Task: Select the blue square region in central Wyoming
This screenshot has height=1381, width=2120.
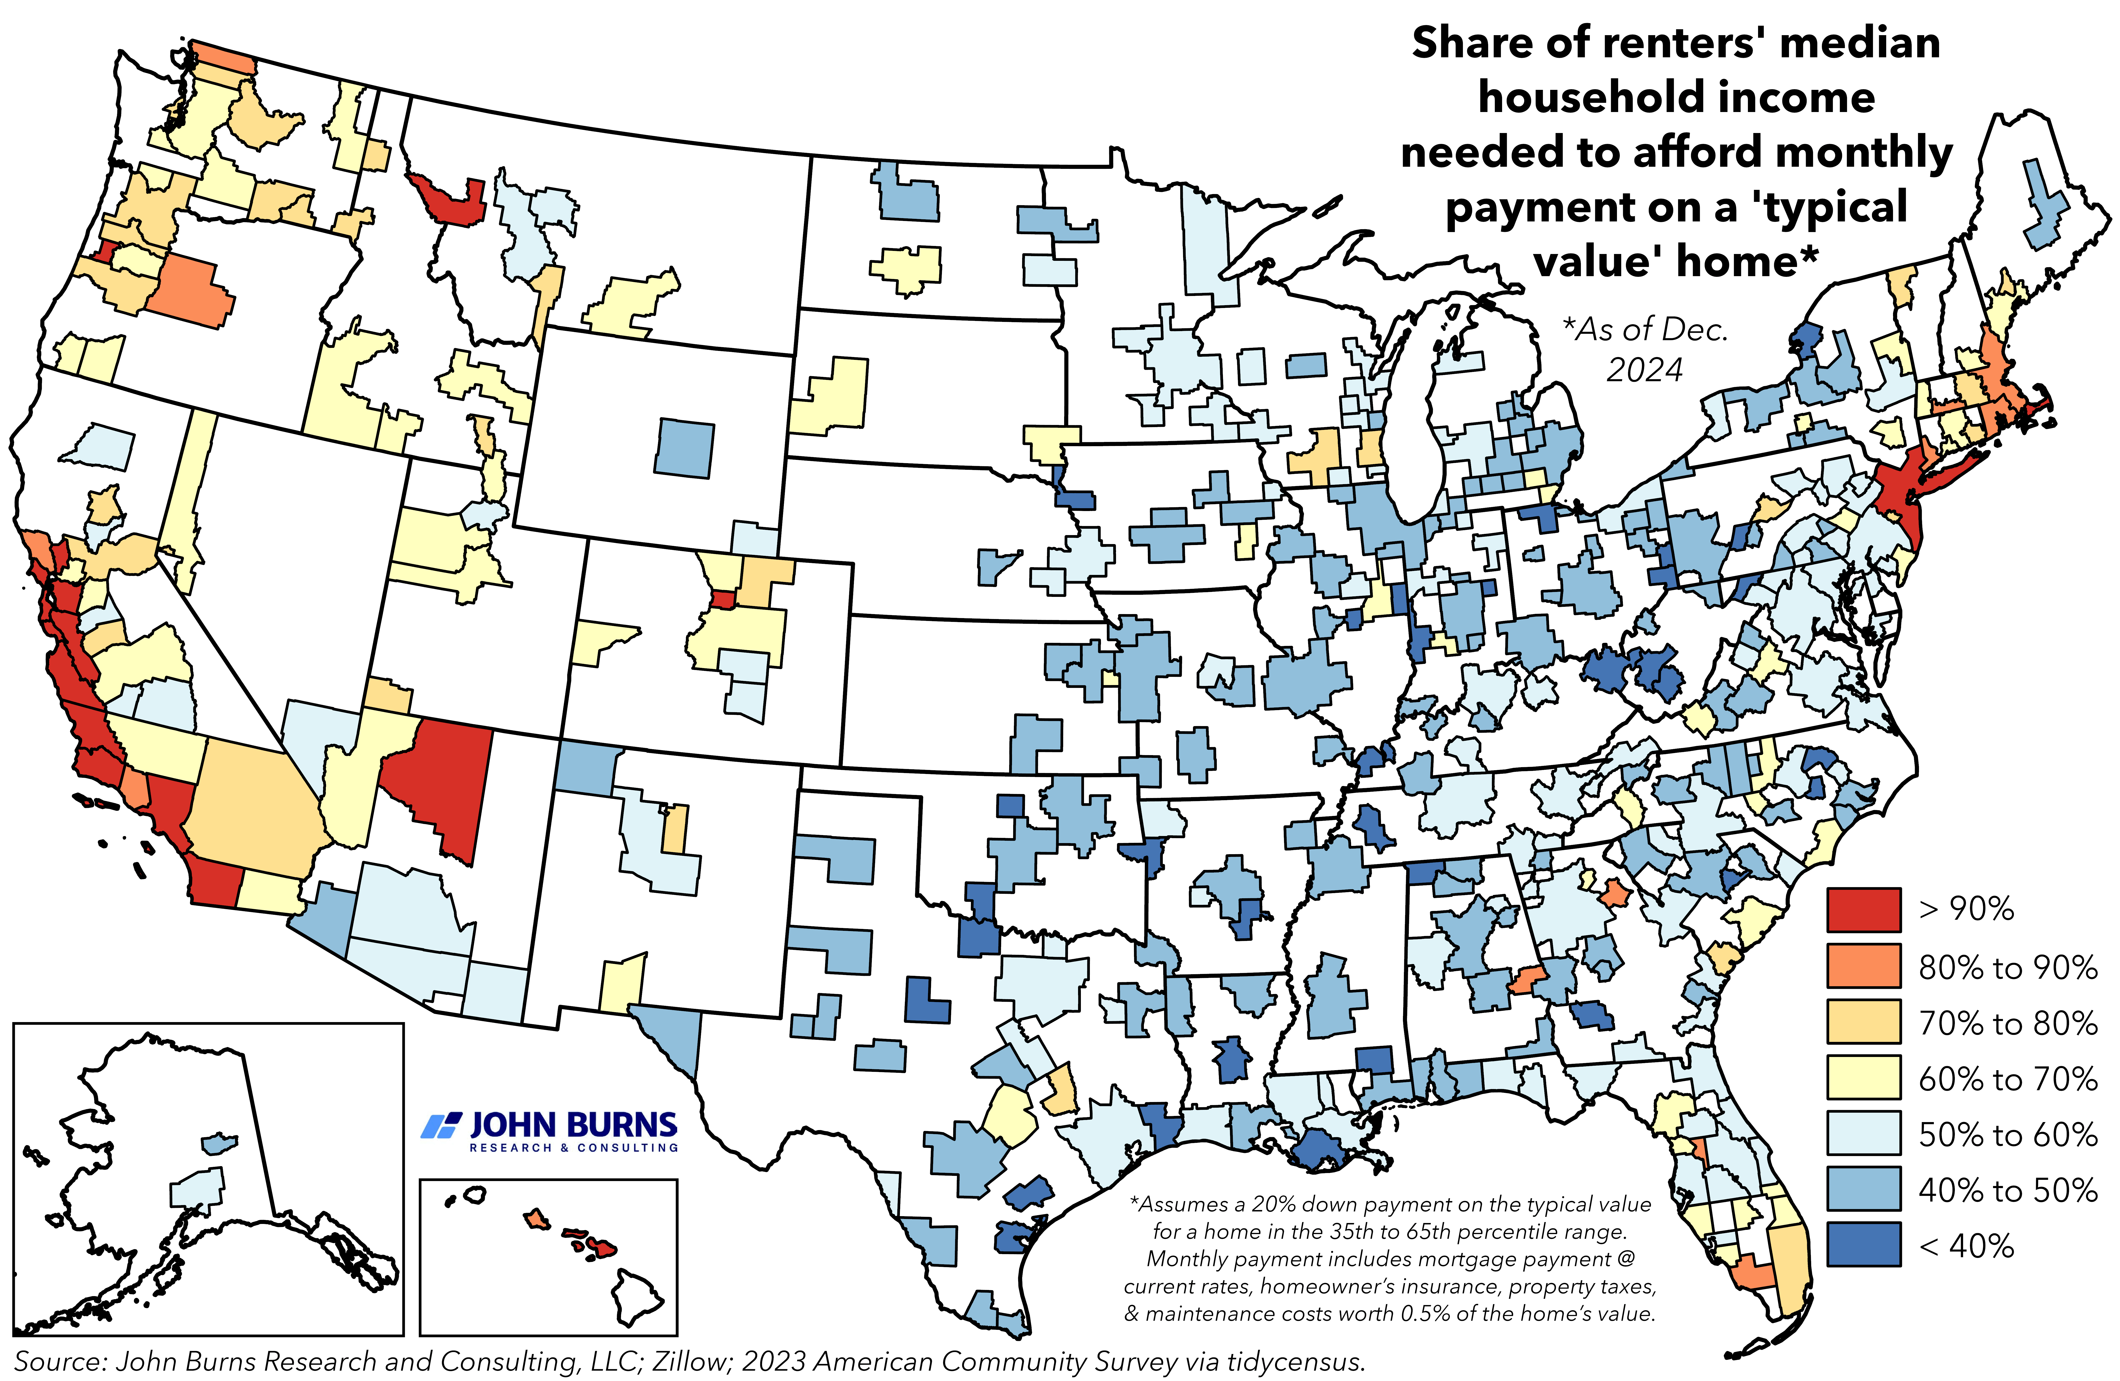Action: click(684, 448)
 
